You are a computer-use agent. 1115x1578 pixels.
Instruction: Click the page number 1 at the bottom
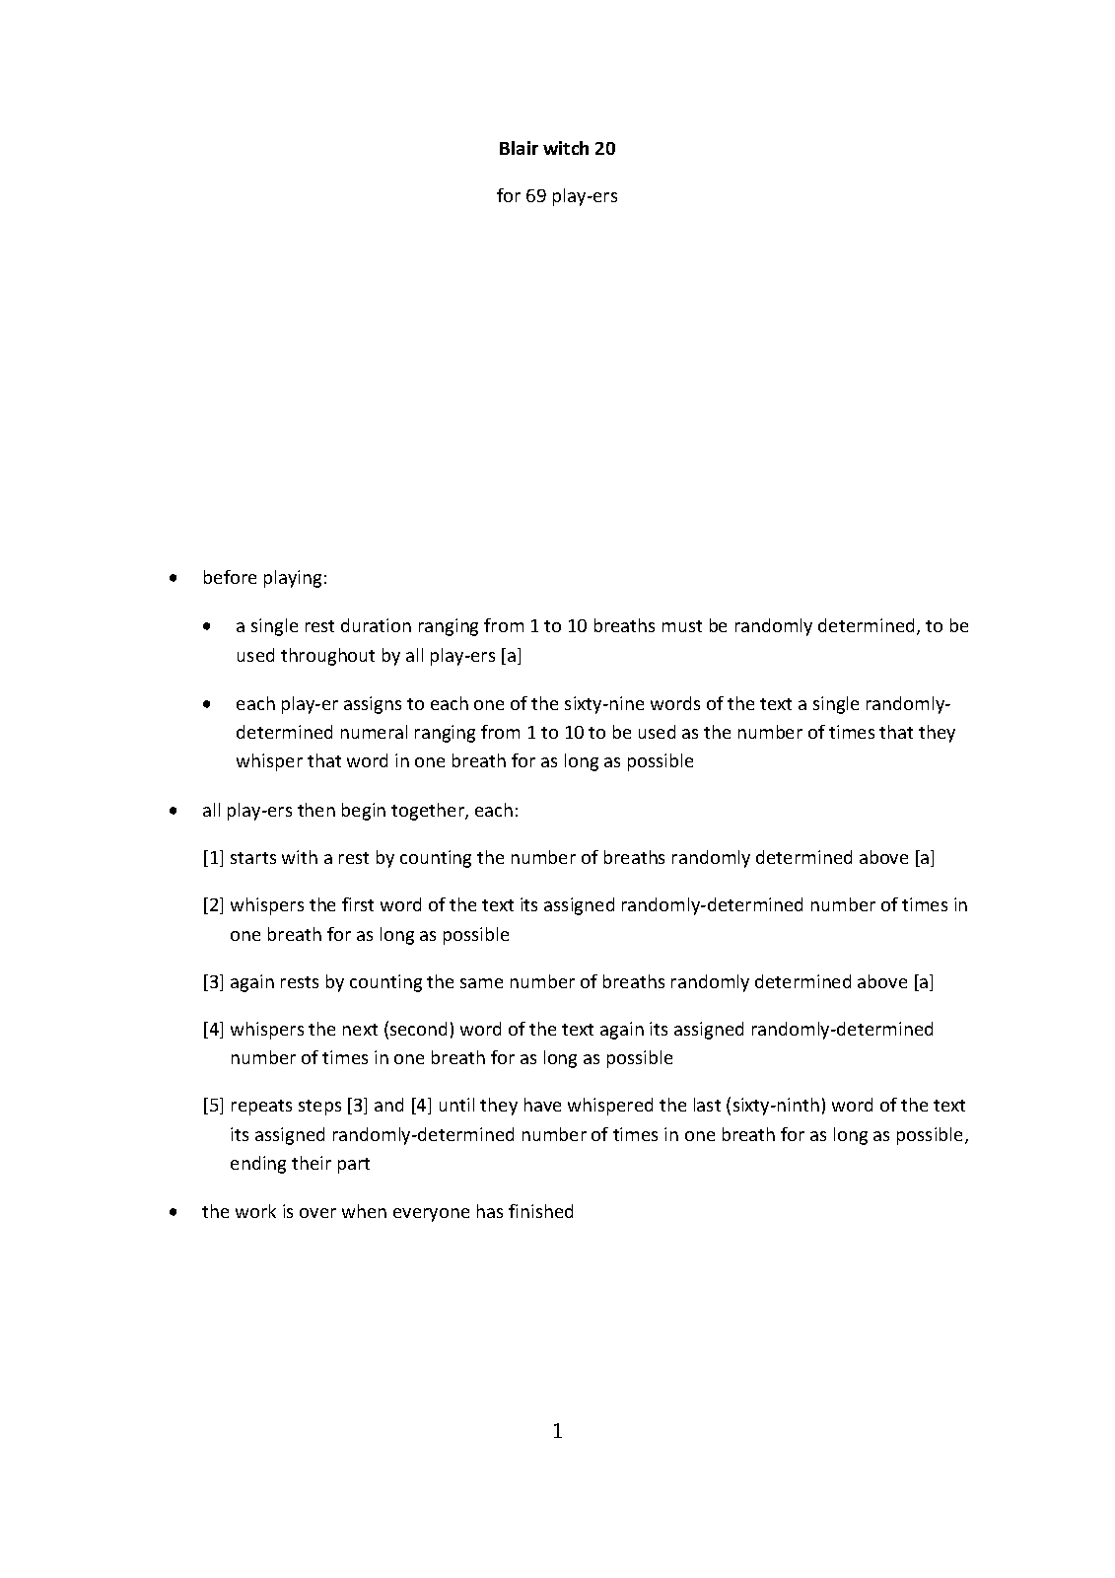point(557,1431)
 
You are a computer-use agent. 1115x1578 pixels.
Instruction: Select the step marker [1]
point(214,858)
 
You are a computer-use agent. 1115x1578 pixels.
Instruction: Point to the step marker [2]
point(214,905)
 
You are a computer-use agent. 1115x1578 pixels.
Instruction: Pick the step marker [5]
point(214,1106)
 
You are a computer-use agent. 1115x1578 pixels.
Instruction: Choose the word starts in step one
point(253,858)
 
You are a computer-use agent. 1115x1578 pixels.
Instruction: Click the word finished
point(541,1212)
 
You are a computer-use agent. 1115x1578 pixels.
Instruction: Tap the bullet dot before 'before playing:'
point(174,579)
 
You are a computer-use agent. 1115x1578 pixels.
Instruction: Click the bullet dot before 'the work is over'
point(174,1212)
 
